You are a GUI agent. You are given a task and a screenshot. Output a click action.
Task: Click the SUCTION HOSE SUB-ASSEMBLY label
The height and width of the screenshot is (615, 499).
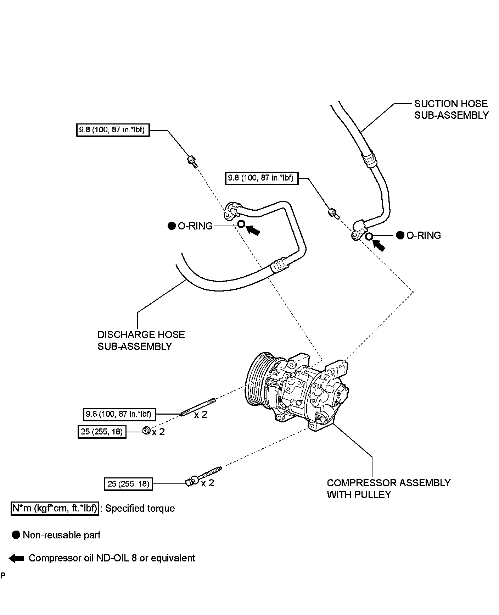click(451, 110)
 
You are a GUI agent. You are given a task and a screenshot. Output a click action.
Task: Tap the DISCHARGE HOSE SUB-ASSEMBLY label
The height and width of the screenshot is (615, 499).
click(141, 340)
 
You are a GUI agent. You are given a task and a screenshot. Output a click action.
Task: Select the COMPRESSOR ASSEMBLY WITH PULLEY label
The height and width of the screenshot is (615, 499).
click(388, 488)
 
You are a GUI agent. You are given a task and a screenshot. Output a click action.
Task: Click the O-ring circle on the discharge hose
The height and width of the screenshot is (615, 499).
click(241, 224)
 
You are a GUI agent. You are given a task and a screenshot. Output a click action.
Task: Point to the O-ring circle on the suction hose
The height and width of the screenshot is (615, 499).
click(369, 237)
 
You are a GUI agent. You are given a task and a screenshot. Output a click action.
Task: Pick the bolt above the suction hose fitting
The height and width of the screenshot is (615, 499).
click(333, 213)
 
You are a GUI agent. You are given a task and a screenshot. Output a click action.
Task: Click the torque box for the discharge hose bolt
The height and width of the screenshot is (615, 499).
click(113, 130)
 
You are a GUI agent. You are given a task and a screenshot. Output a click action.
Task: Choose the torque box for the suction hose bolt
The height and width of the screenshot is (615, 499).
click(262, 178)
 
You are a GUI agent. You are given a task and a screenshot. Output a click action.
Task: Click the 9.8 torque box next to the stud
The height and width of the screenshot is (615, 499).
click(119, 414)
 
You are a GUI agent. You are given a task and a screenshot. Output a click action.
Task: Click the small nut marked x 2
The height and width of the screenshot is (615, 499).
click(146, 431)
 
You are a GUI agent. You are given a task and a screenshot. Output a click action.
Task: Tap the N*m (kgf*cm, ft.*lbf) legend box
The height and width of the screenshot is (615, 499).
click(55, 508)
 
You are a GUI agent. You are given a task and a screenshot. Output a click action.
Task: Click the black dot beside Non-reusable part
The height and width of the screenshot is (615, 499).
click(16, 535)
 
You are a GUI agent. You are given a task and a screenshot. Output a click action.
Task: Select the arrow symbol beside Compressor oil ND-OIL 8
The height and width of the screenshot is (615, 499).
click(16, 558)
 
